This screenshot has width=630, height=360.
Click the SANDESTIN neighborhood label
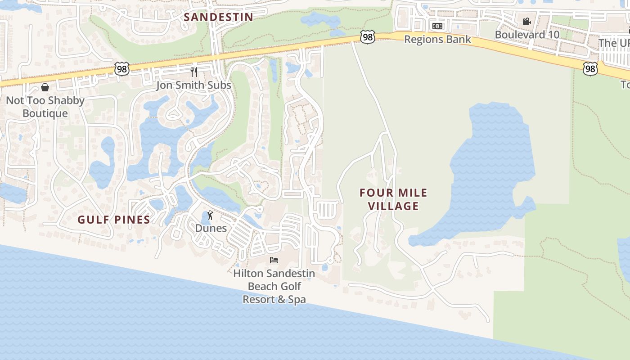coord(218,17)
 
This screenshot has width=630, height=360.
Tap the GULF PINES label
coord(113,220)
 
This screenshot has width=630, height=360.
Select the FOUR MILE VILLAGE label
coord(393,199)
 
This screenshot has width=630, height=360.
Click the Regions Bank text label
coord(437,39)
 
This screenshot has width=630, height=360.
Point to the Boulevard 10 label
coord(527,34)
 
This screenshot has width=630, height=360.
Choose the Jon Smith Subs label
coord(193,85)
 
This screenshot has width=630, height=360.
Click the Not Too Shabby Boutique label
coord(45,107)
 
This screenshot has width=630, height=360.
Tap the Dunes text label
coord(211,228)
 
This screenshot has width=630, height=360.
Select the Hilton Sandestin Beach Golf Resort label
coord(274,286)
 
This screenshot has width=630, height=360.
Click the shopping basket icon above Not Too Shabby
coord(45,87)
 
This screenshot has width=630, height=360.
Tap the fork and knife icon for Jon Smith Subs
coord(194,72)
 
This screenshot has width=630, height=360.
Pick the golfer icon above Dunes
coord(210,215)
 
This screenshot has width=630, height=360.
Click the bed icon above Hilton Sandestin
coord(274,260)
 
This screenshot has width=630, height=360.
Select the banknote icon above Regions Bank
coord(437,26)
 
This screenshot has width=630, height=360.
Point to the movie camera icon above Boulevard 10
coord(526,21)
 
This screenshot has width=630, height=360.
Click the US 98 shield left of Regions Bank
coord(368,37)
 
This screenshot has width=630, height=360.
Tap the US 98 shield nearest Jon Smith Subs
coord(122,69)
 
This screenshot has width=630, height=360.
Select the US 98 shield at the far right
coord(590,68)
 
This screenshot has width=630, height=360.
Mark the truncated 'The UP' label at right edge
coord(615,43)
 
